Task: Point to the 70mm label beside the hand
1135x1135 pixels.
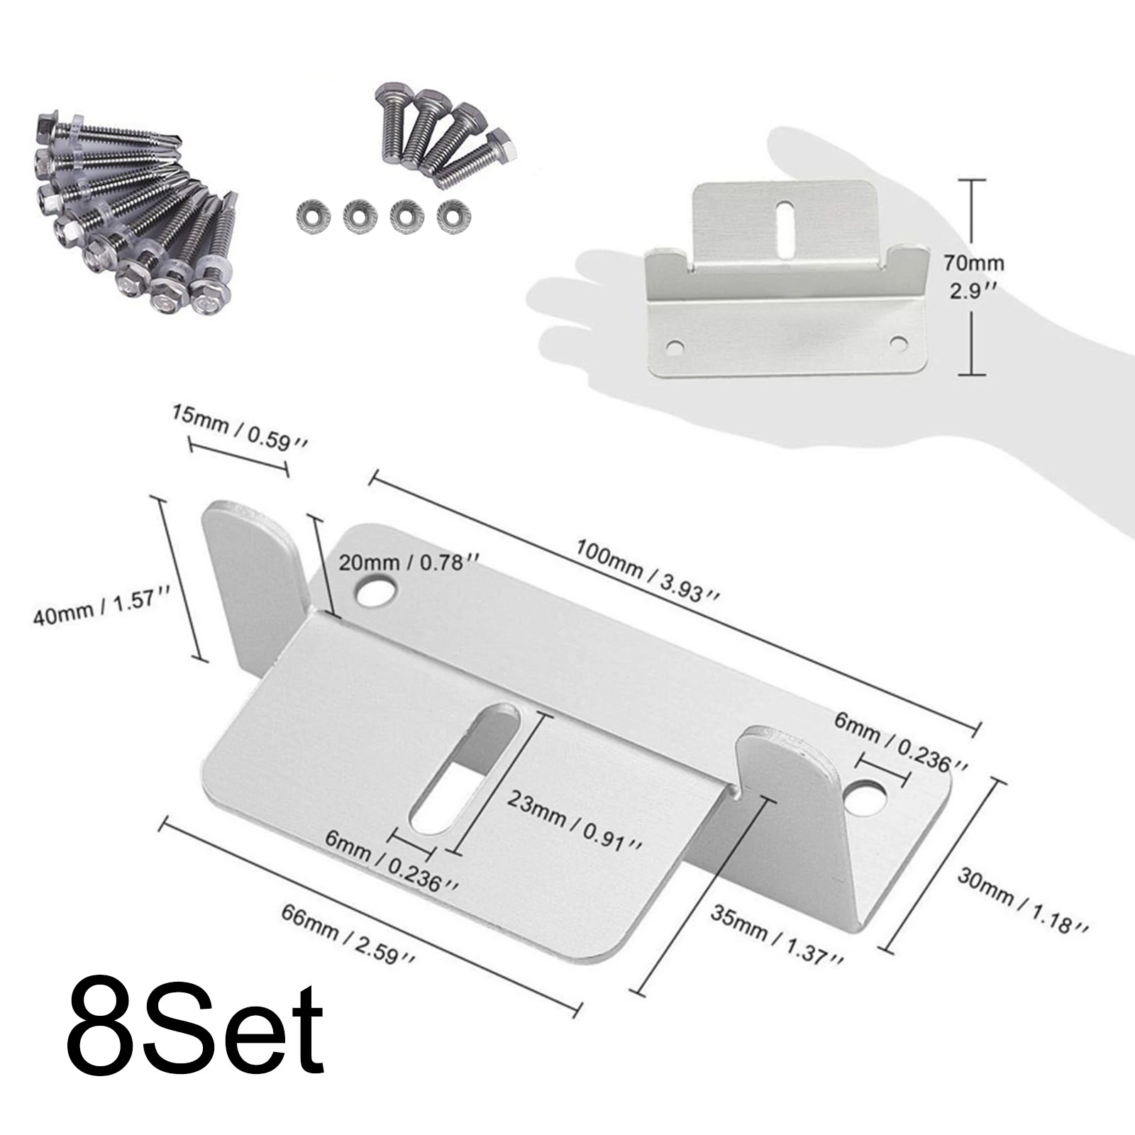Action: (973, 263)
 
